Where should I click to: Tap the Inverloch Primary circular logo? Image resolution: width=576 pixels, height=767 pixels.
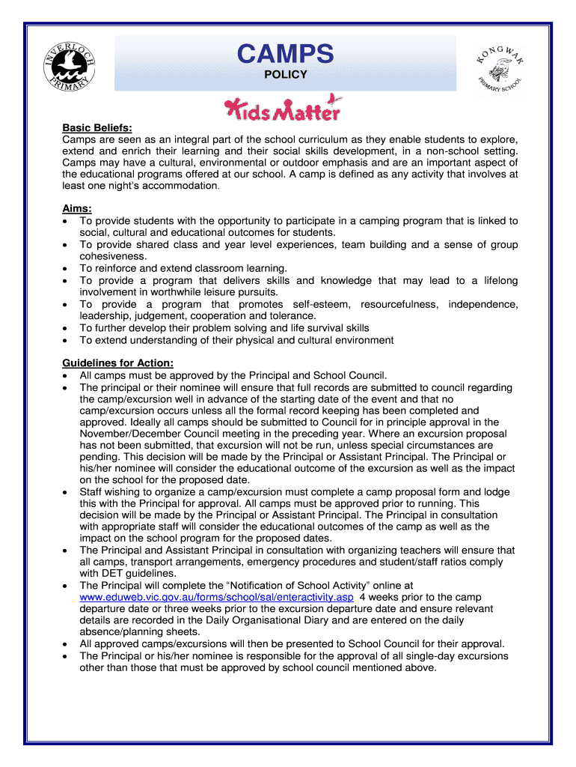pyautogui.click(x=70, y=67)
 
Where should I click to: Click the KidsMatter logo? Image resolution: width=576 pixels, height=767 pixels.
pyautogui.click(x=284, y=109)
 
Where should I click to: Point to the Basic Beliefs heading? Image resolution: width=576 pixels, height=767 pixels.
pyautogui.click(x=96, y=128)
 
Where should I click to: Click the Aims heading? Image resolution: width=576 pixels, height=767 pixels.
pyautogui.click(x=77, y=209)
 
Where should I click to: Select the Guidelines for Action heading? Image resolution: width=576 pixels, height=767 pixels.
pyautogui.click(x=117, y=364)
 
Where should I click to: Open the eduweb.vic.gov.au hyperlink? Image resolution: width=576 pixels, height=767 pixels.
pyautogui.click(x=216, y=597)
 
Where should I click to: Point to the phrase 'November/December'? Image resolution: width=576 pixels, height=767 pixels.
pyautogui.click(x=127, y=434)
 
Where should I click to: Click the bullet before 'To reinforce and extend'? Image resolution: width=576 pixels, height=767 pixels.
pyautogui.click(x=67, y=268)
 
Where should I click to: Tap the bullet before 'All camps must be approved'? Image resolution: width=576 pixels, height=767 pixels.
pyautogui.click(x=67, y=376)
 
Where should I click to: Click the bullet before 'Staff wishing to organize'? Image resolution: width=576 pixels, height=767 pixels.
pyautogui.click(x=67, y=492)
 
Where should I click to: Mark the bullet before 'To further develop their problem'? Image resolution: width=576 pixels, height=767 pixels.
pyautogui.click(x=67, y=328)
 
